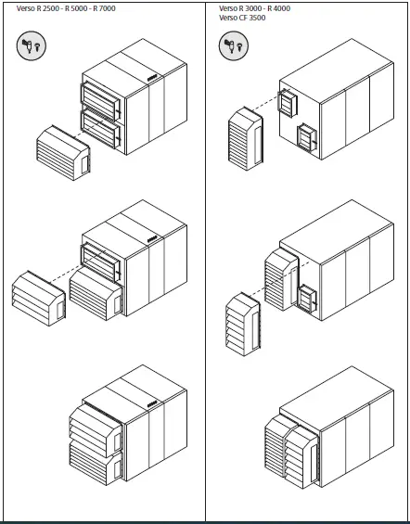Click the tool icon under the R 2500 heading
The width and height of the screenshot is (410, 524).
pos(31,46)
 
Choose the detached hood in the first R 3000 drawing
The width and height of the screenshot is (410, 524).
pos(247,140)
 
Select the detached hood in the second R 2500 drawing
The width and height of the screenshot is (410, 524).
pos(39,296)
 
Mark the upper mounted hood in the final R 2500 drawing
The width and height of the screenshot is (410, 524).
pos(93,425)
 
